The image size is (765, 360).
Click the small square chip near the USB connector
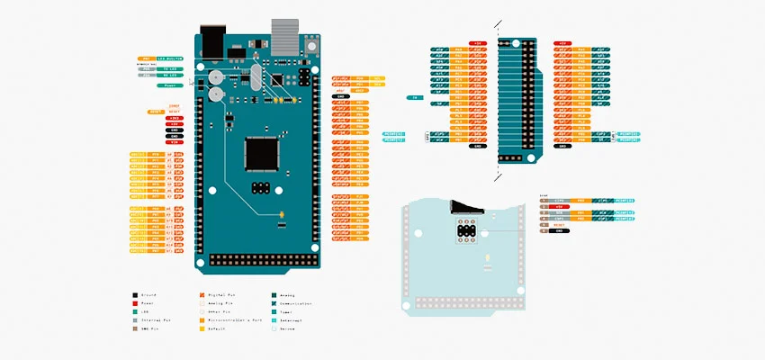point(277,79)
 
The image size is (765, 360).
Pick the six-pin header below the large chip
point(262,189)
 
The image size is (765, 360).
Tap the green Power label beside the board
point(170,85)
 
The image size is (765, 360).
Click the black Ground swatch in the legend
point(135,294)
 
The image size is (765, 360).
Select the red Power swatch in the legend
point(135,303)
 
